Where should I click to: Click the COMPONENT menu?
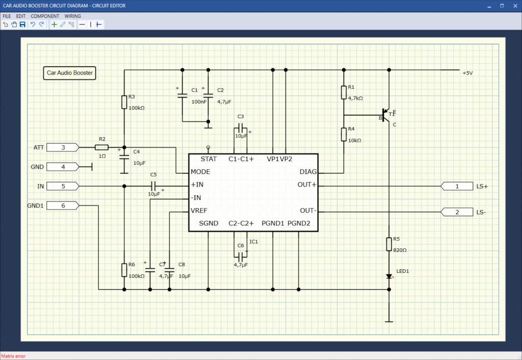45,16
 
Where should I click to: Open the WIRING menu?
72,16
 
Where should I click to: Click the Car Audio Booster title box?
70,73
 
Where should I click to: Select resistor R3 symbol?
124,102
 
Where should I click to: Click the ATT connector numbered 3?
63,147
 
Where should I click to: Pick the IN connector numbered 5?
63,186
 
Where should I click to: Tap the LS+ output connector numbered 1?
457,186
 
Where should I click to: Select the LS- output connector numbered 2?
457,212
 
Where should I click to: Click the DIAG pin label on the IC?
307,172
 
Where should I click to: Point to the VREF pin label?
199,211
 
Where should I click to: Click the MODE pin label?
200,172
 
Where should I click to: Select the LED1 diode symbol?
389,276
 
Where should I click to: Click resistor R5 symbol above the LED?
389,243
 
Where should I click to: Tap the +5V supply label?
467,73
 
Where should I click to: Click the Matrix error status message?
13,356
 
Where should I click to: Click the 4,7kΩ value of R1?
355,97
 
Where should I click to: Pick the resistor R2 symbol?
101,147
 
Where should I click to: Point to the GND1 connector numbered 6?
63,205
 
